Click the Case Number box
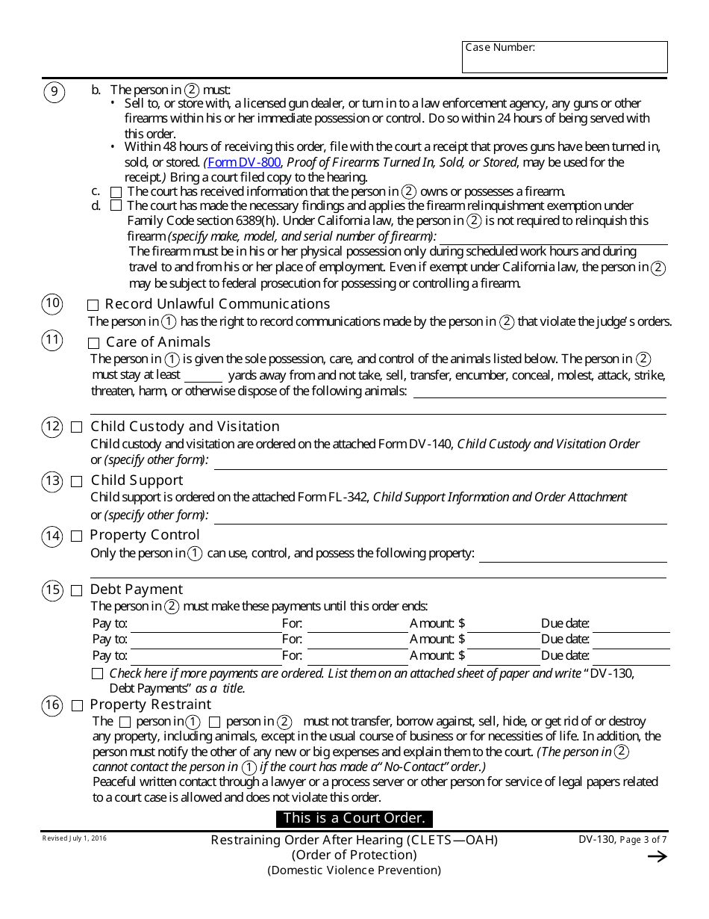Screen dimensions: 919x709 tap(564, 58)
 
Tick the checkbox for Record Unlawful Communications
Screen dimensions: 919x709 tap(93, 305)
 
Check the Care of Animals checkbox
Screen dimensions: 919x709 tap(93, 343)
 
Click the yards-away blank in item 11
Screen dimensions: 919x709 tap(203, 376)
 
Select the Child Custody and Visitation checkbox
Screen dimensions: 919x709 tap(77, 427)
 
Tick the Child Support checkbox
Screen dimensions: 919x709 tap(77, 481)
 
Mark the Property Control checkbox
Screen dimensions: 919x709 tap(77, 536)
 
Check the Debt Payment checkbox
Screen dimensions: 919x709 tap(77, 590)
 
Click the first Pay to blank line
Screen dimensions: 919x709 tap(205, 625)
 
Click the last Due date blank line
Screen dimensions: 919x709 tap(631, 657)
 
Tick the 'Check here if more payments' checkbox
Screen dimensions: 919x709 tap(97, 673)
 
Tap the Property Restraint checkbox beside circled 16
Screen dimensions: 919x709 tap(77, 705)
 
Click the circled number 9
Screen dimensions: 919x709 tap(54, 92)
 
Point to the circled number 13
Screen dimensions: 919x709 tap(51, 481)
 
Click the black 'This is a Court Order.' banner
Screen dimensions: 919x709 tap(354, 818)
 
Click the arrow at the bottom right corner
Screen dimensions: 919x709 tap(657, 857)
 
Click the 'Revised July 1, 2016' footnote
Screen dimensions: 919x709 tap(74, 839)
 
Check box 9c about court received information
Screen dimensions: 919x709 tap(116, 191)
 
